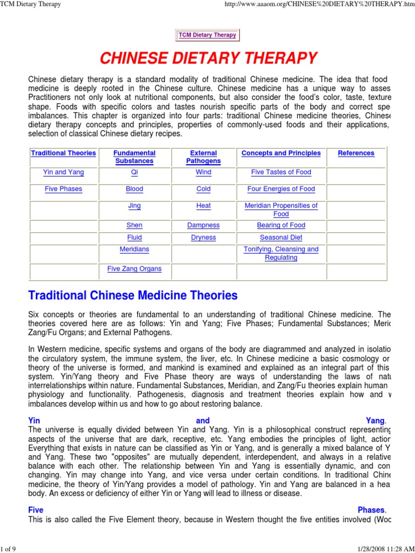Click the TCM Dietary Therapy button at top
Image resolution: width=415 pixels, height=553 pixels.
[x=207, y=35]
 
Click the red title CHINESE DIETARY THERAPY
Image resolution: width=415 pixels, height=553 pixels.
[x=207, y=58]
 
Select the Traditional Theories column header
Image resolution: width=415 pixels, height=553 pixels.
[x=63, y=153]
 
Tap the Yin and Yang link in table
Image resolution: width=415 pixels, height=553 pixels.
[x=63, y=173]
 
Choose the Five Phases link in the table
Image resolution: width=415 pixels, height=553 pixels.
[x=63, y=190]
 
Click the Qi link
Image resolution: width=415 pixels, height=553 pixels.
[x=135, y=173]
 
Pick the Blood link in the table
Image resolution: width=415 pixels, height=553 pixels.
[x=135, y=190]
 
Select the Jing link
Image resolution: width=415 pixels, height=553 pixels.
[x=135, y=206]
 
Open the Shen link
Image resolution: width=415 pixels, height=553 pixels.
[x=135, y=226]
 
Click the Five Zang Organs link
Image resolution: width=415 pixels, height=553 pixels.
[x=135, y=269]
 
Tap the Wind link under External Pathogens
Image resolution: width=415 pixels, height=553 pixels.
[x=204, y=173]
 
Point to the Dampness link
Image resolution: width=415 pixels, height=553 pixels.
[x=204, y=226]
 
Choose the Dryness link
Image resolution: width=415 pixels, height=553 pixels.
[x=204, y=238]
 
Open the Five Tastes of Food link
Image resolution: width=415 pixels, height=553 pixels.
[x=281, y=173]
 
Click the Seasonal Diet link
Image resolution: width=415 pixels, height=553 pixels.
[x=281, y=238]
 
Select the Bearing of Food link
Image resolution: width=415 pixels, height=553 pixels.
[x=281, y=226]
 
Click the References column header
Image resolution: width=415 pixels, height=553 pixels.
[x=356, y=153]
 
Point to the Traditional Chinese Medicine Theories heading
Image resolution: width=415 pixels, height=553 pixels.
[x=132, y=296]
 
